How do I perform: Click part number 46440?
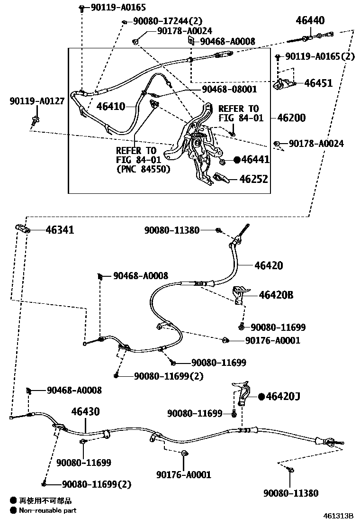click(x=310, y=20)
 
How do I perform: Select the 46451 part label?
click(x=318, y=83)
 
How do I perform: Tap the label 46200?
click(x=291, y=118)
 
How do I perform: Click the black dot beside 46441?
click(x=237, y=160)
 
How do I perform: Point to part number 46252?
click(x=253, y=179)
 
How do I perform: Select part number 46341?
click(x=60, y=230)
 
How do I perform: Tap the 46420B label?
click(x=276, y=295)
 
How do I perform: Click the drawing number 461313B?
click(x=339, y=516)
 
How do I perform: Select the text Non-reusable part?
click(x=47, y=510)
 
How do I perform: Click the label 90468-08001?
click(x=229, y=89)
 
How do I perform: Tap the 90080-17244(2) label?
click(x=161, y=21)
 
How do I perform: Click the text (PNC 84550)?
click(x=143, y=168)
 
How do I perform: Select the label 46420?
click(x=269, y=265)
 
